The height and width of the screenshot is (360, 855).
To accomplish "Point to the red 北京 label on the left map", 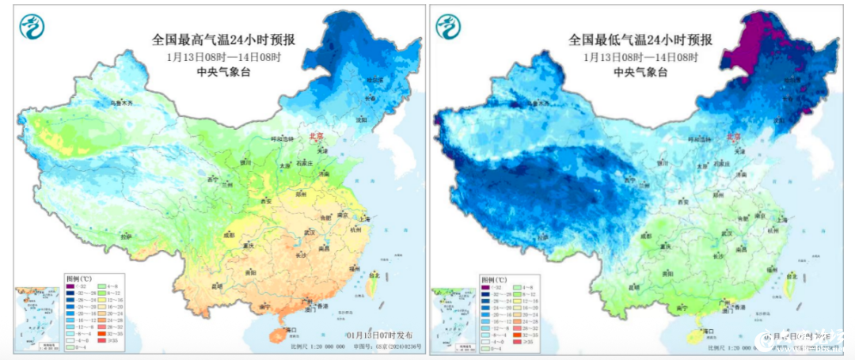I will [316, 137].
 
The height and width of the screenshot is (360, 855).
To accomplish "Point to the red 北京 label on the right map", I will [735, 137].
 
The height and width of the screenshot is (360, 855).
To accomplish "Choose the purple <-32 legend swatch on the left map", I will [70, 288].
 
